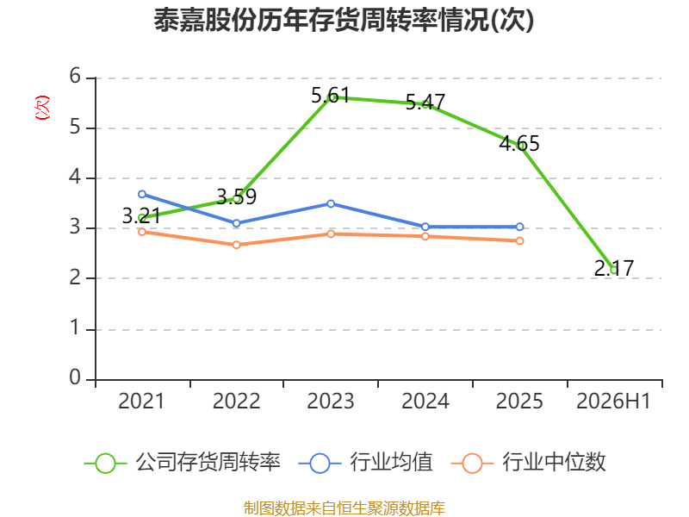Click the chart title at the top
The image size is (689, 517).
tap(344, 20)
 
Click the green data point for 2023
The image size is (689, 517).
tap(331, 97)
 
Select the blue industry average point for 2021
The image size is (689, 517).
tap(142, 194)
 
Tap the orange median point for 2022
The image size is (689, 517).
tap(236, 245)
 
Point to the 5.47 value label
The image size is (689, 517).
tap(425, 102)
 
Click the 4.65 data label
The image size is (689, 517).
tap(519, 143)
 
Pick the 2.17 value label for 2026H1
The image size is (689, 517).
tap(614, 268)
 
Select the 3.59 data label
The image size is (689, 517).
tap(236, 196)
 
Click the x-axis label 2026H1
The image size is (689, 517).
tap(613, 401)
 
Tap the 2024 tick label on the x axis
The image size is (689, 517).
tap(425, 401)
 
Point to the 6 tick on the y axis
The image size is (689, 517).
tap(75, 76)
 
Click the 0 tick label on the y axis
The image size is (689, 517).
tap(75, 377)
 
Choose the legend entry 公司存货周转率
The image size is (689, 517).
tap(183, 463)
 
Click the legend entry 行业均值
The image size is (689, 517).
tap(365, 463)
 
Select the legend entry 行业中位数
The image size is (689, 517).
tap(529, 463)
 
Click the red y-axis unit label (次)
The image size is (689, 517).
tap(42, 108)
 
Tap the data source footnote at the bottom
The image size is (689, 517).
tap(344, 508)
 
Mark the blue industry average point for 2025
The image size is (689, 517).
tap(519, 227)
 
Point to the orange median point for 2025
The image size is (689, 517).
tap(519, 241)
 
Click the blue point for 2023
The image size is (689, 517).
tap(331, 203)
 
